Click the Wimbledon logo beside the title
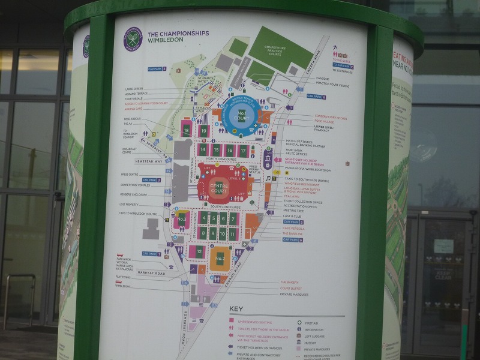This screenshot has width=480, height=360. tap(132, 39)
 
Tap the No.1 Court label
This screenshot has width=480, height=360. tap(241, 115)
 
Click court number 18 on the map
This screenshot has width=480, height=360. tap(186, 129)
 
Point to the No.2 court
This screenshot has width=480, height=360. tap(220, 259)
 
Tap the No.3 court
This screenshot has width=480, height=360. tap(181, 220)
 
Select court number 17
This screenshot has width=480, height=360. tap(243, 149)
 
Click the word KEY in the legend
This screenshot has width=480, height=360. tap(236, 310)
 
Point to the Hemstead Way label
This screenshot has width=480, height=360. tap(149, 161)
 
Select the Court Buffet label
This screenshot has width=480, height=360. tap(290, 288)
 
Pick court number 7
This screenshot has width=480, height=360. tap(233, 218)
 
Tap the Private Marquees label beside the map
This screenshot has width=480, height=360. tap(294, 295)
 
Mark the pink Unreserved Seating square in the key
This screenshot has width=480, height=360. tap(232, 321)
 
